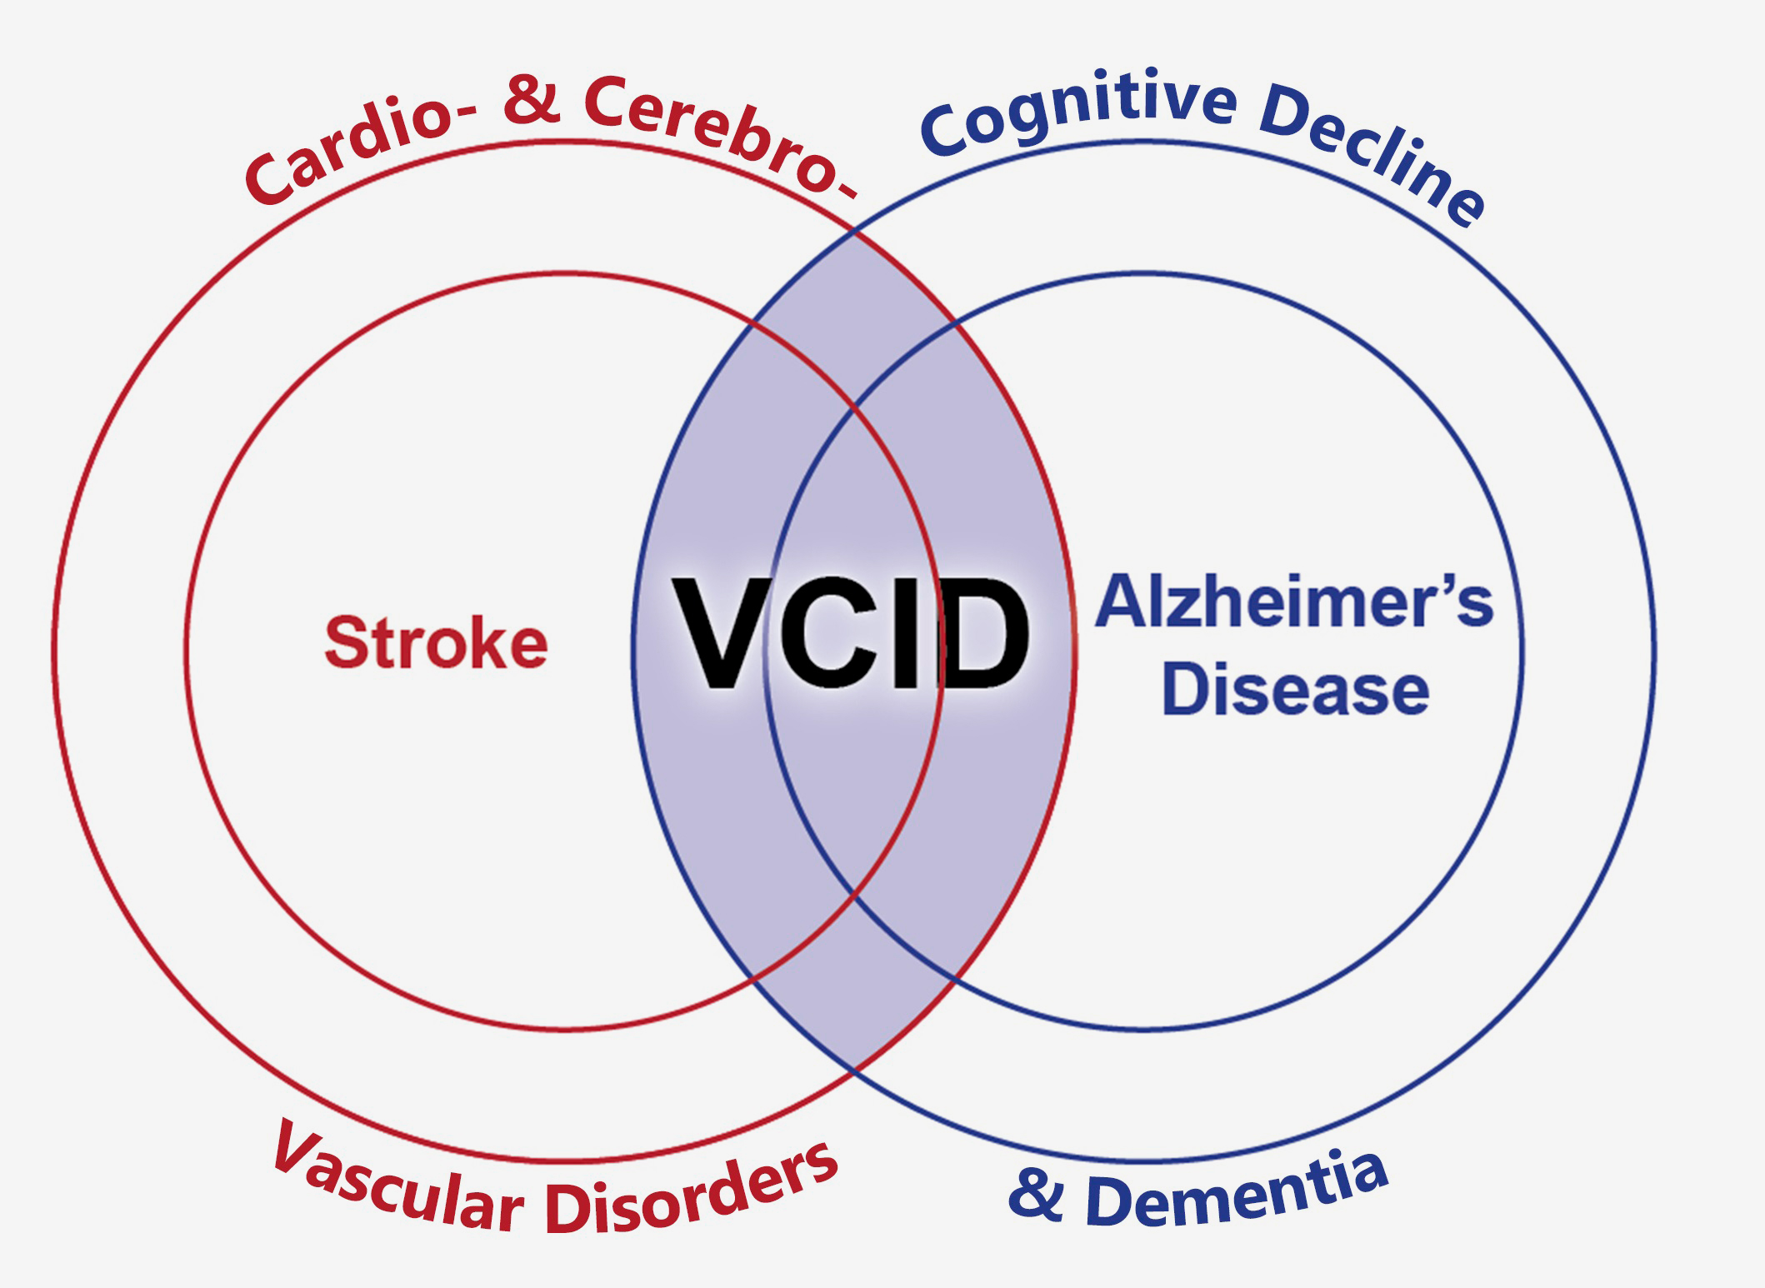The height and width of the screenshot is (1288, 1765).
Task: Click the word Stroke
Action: (436, 642)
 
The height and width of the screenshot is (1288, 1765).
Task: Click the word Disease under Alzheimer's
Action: (1296, 688)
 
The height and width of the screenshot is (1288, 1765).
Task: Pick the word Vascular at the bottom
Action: (397, 1174)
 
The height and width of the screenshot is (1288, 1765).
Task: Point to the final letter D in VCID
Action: (982, 634)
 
